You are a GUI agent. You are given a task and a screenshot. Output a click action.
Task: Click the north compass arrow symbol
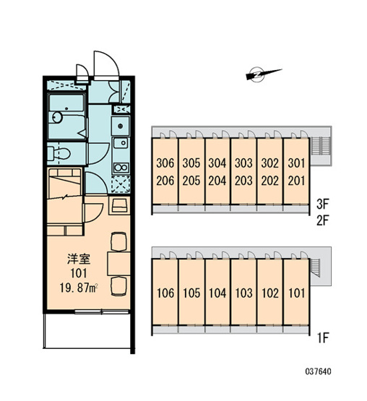(x=264, y=74)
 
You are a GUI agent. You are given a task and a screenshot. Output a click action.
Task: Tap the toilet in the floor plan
(x=59, y=154)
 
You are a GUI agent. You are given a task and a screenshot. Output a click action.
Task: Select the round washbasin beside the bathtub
(x=57, y=117)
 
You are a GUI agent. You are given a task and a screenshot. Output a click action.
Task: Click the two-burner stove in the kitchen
(x=121, y=168)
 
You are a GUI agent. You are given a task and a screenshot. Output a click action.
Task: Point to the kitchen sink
(x=121, y=143)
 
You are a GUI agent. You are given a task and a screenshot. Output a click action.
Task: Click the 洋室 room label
(x=79, y=259)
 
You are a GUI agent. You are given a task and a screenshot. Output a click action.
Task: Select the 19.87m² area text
(x=79, y=288)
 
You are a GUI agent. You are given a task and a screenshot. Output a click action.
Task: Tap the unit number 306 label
(x=165, y=163)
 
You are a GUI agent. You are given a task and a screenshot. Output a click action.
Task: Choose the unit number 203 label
(x=243, y=181)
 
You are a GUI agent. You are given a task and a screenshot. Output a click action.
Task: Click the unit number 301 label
(x=296, y=163)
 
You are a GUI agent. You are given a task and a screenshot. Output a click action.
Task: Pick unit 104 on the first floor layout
(x=217, y=293)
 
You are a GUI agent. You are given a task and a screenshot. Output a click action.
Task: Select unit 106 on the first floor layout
(x=165, y=293)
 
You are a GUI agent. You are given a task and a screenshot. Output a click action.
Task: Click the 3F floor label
(x=322, y=204)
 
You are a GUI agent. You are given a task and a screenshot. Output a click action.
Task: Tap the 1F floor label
(x=323, y=338)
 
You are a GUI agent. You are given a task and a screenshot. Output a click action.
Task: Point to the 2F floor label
(x=322, y=220)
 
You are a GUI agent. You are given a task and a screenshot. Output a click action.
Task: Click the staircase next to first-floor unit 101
(x=315, y=267)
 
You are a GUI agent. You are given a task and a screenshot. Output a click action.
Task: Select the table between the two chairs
(x=118, y=264)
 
